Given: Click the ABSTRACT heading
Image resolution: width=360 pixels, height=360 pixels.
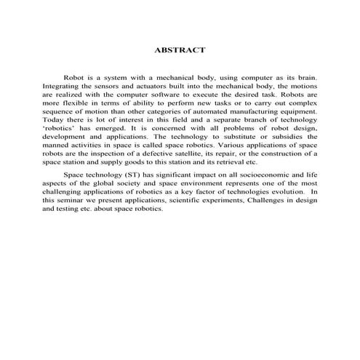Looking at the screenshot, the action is click(x=180, y=50).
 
